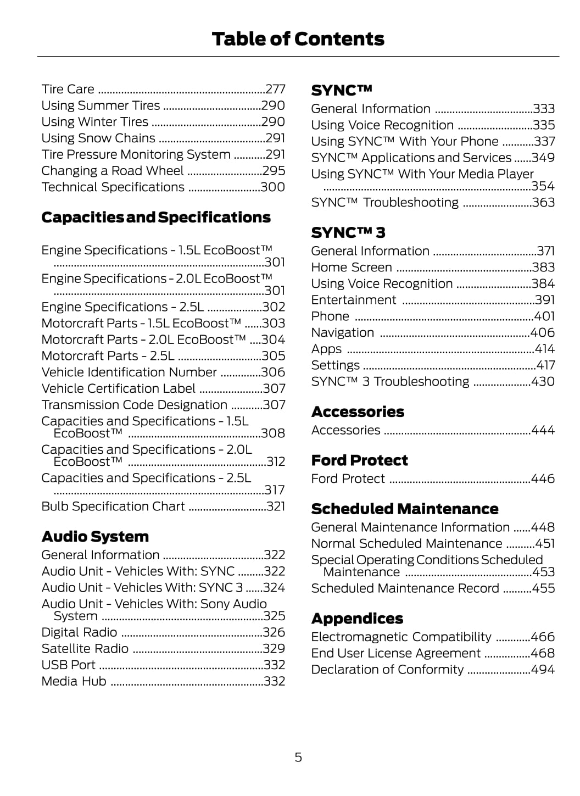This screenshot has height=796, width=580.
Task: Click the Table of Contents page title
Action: point(298,39)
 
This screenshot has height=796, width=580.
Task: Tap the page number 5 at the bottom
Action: point(298,758)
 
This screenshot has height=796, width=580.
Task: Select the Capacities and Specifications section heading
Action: point(156,218)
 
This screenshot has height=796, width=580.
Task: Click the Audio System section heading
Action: point(95,537)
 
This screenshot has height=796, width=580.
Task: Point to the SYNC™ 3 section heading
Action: point(348,233)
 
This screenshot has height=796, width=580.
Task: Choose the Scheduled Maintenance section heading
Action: point(405,509)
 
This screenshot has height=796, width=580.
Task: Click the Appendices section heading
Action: point(357,619)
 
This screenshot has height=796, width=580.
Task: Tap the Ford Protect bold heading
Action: point(359,460)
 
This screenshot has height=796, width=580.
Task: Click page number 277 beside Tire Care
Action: point(275,89)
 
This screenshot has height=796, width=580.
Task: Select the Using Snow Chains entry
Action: point(98,138)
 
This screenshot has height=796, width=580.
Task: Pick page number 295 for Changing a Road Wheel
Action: point(274,171)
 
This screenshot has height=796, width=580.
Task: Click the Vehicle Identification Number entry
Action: point(129,372)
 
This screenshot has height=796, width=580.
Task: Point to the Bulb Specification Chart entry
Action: point(113,506)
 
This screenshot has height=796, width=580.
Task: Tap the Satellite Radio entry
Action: point(85,649)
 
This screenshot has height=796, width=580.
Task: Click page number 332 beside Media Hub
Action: point(274,681)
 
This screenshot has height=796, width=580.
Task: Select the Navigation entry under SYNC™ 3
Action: point(343,333)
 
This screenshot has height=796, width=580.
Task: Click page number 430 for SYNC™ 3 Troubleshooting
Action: point(543,382)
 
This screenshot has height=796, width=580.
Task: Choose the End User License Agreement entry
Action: point(395,653)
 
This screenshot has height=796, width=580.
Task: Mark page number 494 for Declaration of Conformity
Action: point(543,670)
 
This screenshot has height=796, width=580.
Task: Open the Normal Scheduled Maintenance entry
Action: point(406,544)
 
